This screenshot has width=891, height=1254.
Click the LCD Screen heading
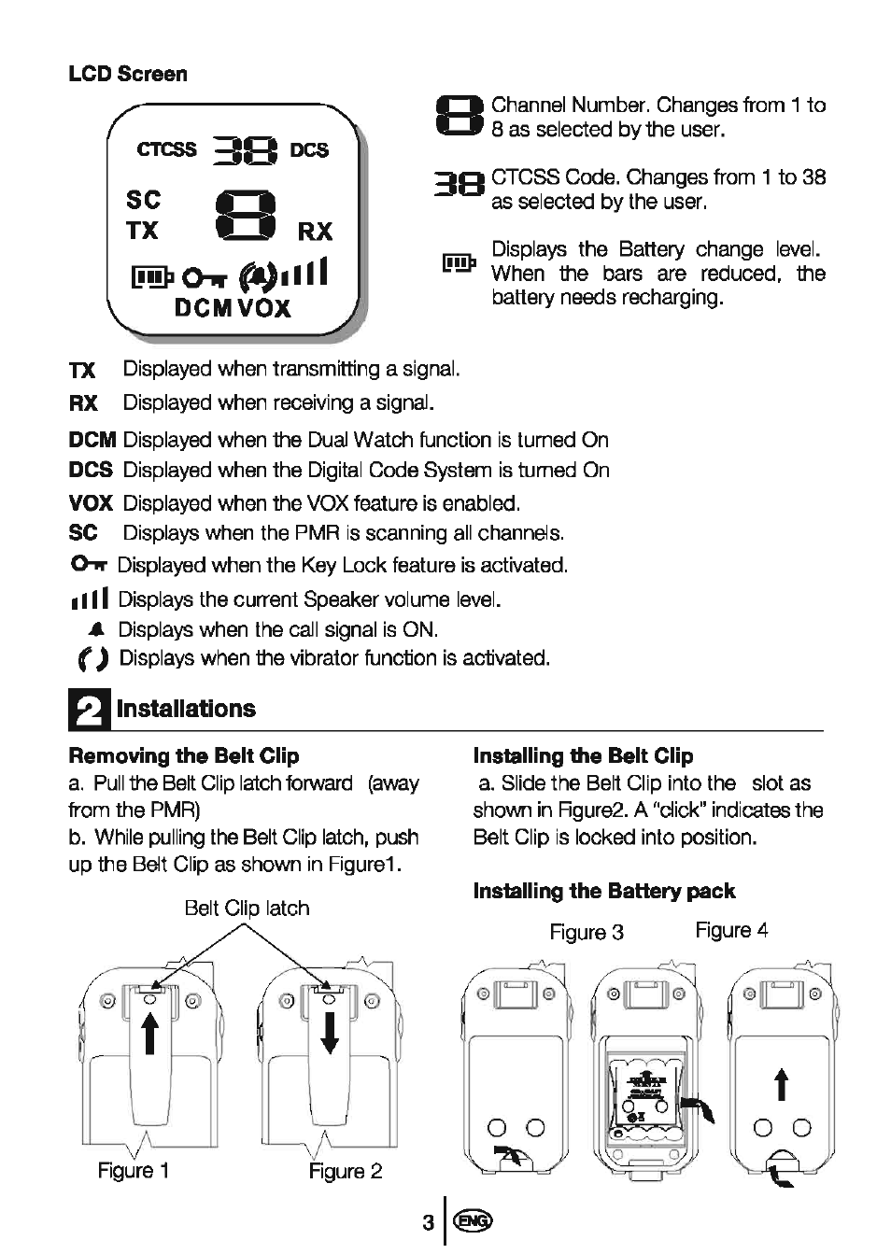pos(128,74)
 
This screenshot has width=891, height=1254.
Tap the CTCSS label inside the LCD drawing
pos(166,150)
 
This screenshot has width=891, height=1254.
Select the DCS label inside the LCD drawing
pos(309,150)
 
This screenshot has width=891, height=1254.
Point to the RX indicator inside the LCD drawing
pos(315,232)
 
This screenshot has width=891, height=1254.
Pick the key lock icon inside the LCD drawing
pos(199,277)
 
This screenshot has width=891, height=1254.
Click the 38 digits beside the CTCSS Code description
pos(460,187)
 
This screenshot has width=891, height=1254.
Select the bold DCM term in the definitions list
pos(92,440)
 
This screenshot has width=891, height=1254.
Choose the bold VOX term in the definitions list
pos(91,503)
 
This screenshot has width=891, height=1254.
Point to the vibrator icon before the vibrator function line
pos(93,659)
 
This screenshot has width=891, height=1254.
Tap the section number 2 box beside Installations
pos(89,711)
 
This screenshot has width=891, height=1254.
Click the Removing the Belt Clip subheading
pos(184,755)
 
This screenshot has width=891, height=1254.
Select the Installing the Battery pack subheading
pos(604,891)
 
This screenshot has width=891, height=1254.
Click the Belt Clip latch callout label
pos(247,908)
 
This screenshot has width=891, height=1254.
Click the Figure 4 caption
pos(731,930)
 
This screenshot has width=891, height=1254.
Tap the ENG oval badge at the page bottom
pos(474,1221)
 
